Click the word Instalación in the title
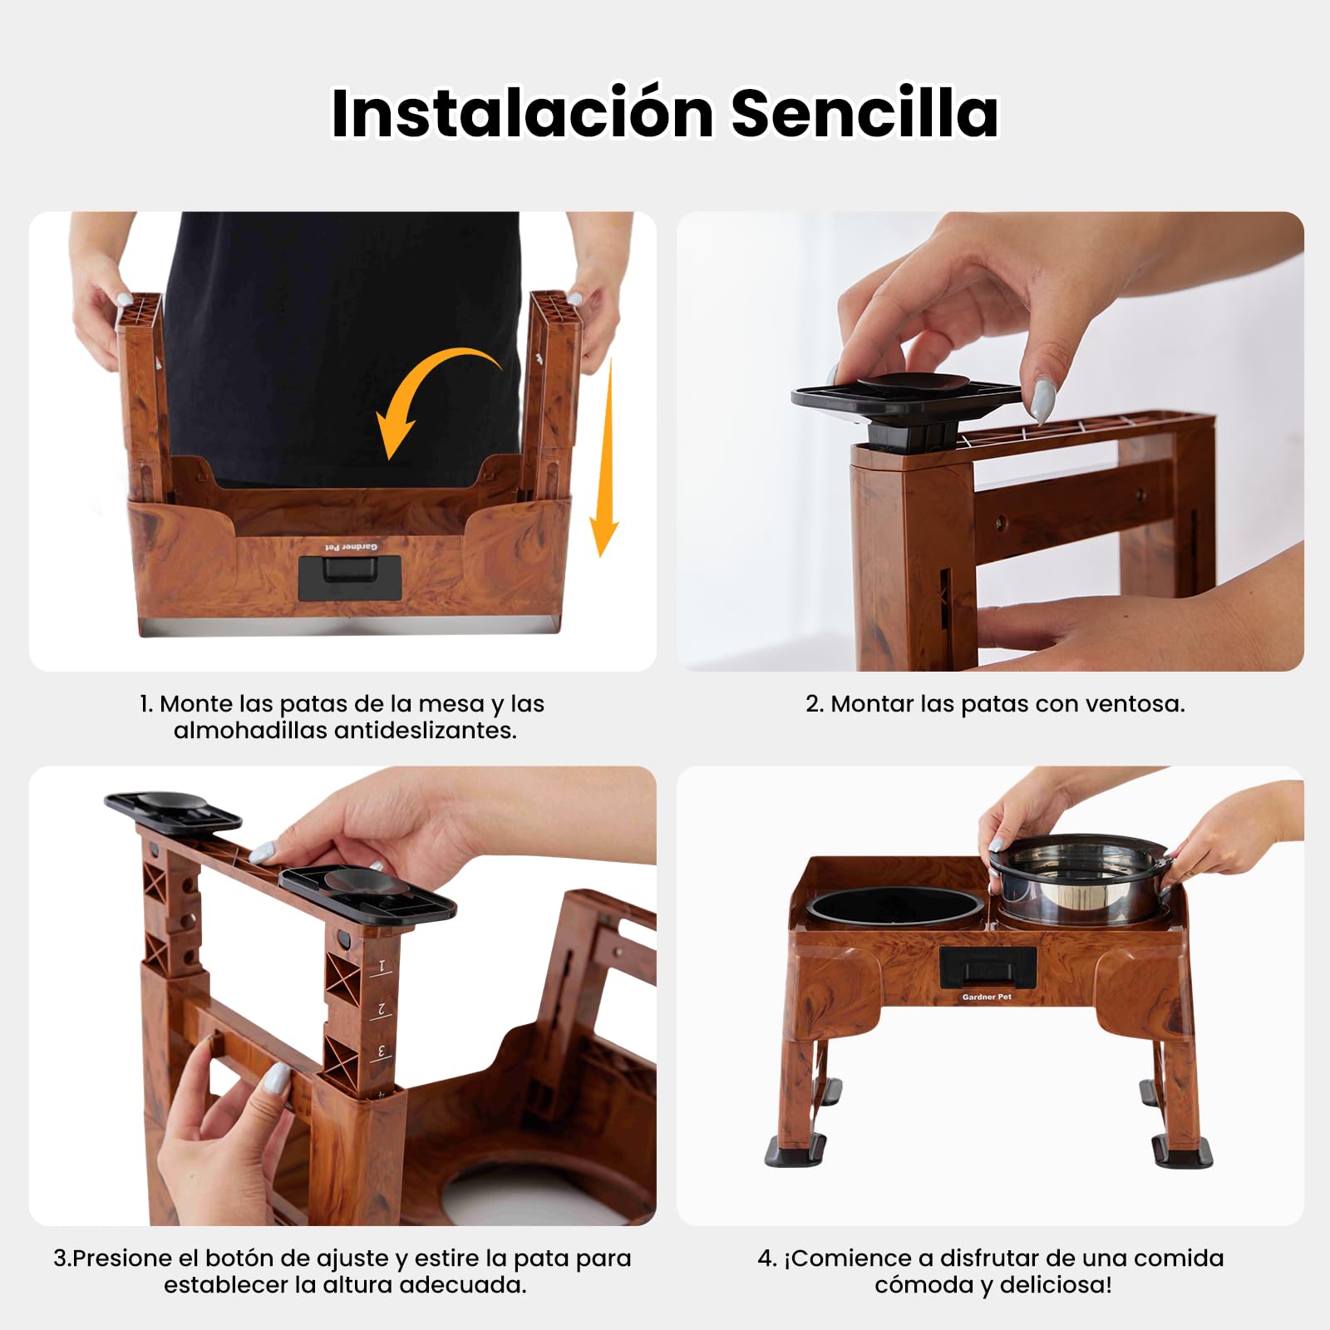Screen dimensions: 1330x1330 click(x=522, y=112)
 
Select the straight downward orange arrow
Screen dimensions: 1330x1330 click(x=605, y=457)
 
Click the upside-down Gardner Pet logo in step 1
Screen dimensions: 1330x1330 click(x=351, y=547)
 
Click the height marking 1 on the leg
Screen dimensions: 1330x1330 click(x=382, y=967)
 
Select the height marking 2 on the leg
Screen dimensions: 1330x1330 click(x=382, y=1009)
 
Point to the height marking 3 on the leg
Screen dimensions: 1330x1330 click(x=382, y=1052)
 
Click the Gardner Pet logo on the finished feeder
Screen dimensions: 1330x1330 click(x=987, y=997)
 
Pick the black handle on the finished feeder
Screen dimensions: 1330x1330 click(x=988, y=968)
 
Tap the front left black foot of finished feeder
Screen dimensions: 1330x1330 click(x=796, y=1150)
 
